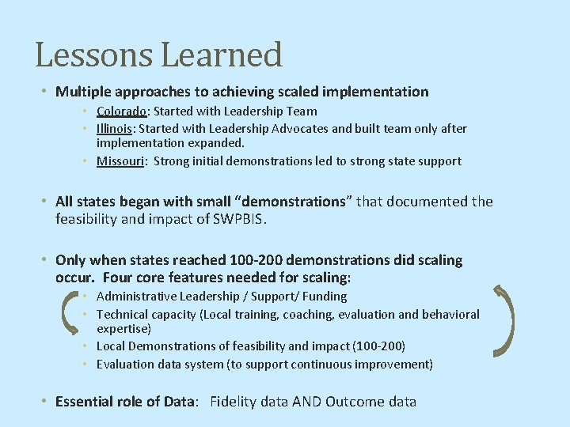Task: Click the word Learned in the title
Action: tap(222, 55)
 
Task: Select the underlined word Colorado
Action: tap(121, 111)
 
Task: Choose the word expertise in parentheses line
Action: tap(123, 328)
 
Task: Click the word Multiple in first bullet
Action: tap(82, 92)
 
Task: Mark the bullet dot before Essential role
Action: tap(46, 402)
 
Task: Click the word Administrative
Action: tap(136, 297)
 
